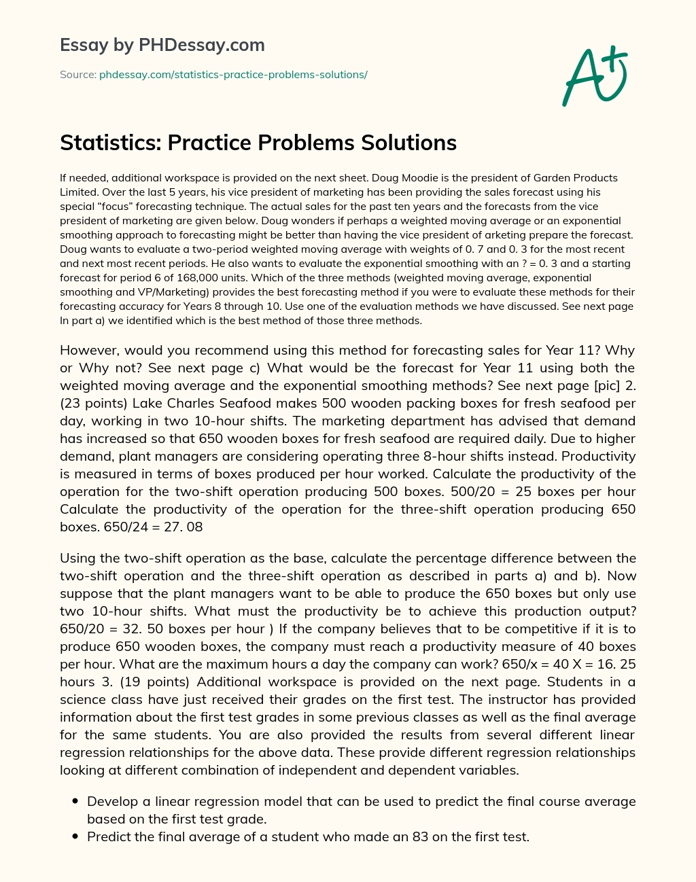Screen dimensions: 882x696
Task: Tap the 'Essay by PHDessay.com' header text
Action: pos(162,45)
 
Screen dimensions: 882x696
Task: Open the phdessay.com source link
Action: pos(233,75)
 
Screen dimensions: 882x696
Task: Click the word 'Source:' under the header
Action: pos(77,75)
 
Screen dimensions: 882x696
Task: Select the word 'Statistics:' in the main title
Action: pos(109,143)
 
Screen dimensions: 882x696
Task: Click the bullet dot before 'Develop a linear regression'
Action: pos(73,802)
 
